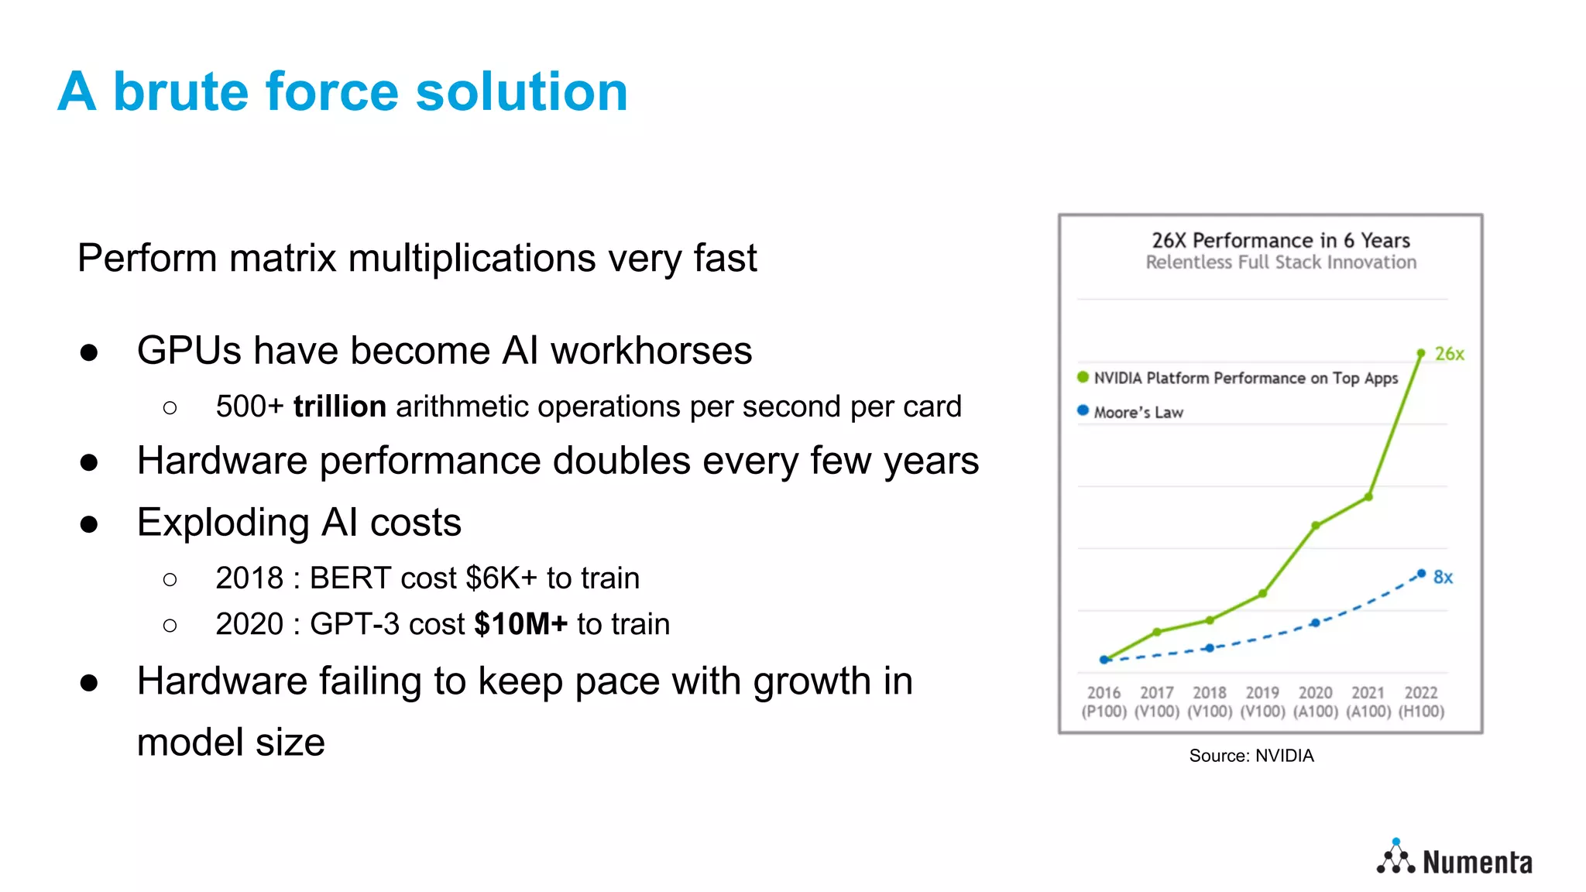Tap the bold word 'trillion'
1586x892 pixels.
click(339, 407)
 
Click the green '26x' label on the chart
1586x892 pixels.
click(1449, 355)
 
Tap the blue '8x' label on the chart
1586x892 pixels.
click(1443, 578)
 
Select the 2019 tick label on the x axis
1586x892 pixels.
click(1262, 693)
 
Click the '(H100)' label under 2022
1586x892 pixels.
click(1421, 712)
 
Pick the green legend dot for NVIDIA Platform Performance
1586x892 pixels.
click(1083, 377)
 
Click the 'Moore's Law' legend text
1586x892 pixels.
click(1138, 413)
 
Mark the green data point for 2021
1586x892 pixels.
click(1368, 497)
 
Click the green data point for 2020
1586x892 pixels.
click(1316, 526)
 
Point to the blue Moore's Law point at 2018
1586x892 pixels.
click(1210, 648)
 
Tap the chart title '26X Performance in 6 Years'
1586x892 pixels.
click(1280, 241)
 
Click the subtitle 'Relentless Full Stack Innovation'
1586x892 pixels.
click(1281, 262)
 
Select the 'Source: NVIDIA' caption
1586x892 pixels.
click(1251, 756)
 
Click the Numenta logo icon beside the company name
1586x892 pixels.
click(1395, 858)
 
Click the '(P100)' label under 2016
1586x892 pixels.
click(1104, 712)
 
